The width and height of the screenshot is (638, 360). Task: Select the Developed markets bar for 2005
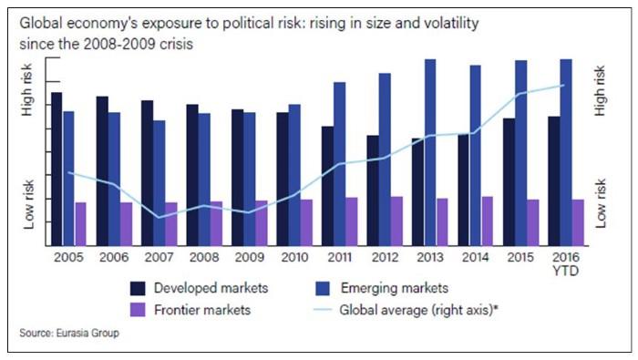(x=57, y=169)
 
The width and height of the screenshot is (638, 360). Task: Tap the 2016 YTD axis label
(x=566, y=263)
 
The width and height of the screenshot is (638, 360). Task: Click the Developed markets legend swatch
(x=139, y=289)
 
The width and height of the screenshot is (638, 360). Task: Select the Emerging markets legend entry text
(x=394, y=289)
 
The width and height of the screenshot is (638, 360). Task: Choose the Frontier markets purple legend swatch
(x=139, y=310)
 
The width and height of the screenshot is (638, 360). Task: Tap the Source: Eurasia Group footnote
(x=68, y=334)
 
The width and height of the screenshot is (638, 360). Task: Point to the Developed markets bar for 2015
(x=509, y=181)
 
